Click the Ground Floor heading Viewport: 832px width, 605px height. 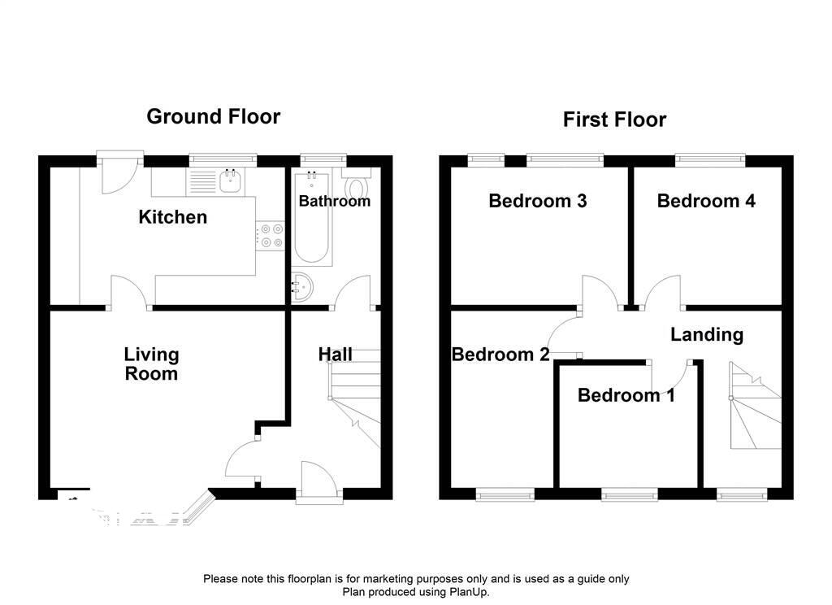click(214, 117)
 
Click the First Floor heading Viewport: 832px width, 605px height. click(614, 120)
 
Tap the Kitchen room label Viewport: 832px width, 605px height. click(172, 217)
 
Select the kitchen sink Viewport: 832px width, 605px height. click(232, 181)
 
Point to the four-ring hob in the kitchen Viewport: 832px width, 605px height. click(270, 236)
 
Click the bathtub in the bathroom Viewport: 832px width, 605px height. click(311, 218)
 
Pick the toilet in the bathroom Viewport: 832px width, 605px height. click(357, 184)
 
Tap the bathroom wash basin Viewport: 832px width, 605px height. click(302, 287)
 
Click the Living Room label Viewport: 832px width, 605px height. click(151, 363)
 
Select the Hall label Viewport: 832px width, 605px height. click(335, 355)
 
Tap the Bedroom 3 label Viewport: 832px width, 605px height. click(538, 201)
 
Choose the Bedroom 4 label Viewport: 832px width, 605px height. click(706, 201)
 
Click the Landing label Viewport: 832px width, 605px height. click(707, 335)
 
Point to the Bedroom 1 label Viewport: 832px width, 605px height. click(626, 395)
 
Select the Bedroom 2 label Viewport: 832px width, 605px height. click(500, 355)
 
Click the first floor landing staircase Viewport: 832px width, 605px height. click(755, 406)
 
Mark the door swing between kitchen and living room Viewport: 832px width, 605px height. click(130, 292)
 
